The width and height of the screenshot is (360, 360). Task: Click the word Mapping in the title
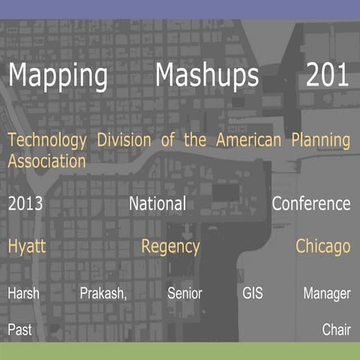click(58, 77)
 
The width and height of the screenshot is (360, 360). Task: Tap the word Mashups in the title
click(208, 76)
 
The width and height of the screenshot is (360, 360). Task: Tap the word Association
click(46, 160)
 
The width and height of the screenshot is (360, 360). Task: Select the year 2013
click(25, 203)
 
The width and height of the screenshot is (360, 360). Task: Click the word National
click(157, 203)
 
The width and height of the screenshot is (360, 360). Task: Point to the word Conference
click(311, 203)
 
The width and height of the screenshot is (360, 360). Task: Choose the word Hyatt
click(27, 247)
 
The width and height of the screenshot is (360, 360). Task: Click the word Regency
click(170, 247)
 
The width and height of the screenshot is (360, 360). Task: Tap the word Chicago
click(322, 247)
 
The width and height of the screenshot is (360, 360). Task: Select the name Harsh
click(23, 294)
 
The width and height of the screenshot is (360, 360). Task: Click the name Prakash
click(103, 294)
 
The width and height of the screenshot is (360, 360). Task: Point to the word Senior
click(184, 294)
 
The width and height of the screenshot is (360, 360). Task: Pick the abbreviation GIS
click(253, 294)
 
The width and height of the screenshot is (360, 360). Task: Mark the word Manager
click(326, 294)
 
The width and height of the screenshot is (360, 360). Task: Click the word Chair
click(336, 329)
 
